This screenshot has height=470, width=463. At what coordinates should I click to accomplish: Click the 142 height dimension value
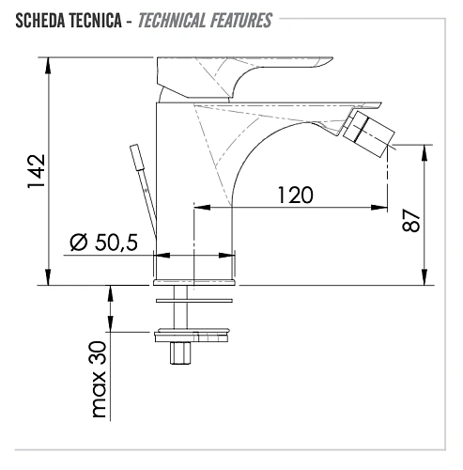coord(37,171)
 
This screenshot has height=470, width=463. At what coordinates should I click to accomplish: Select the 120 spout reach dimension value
coord(295,195)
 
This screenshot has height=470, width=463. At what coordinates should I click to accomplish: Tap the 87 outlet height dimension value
coord(410,221)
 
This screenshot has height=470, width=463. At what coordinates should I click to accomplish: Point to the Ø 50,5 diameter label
coord(103,243)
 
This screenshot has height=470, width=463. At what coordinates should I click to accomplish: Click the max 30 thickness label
coord(100,379)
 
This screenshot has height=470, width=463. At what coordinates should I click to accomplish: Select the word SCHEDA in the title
coord(40,21)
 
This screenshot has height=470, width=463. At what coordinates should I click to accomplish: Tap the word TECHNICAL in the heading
coord(172,21)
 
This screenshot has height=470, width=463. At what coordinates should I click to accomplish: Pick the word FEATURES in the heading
coord(241,21)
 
